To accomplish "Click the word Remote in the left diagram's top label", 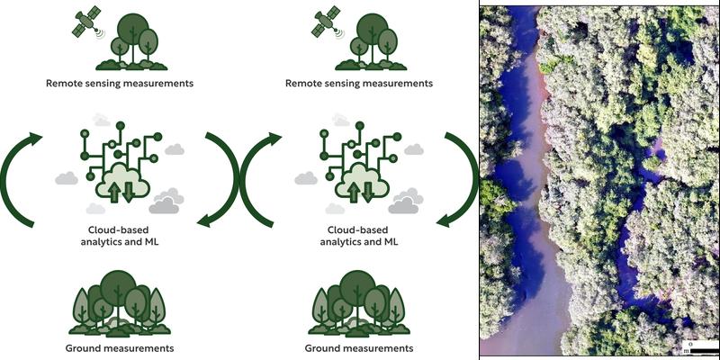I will click(67, 84).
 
